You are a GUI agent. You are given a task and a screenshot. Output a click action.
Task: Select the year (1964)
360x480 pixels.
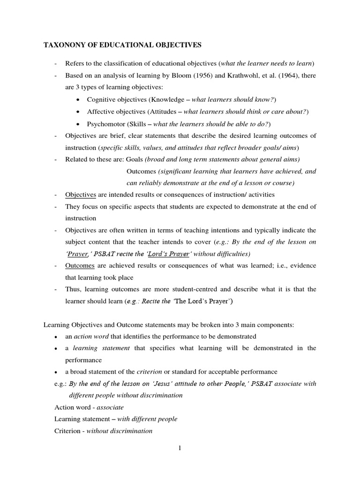click(274, 75)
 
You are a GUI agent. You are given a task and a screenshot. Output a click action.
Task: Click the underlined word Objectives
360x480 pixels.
click(80, 194)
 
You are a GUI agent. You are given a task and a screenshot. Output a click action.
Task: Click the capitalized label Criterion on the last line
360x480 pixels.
click(67, 431)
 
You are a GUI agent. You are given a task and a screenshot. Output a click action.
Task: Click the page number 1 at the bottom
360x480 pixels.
click(180, 449)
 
